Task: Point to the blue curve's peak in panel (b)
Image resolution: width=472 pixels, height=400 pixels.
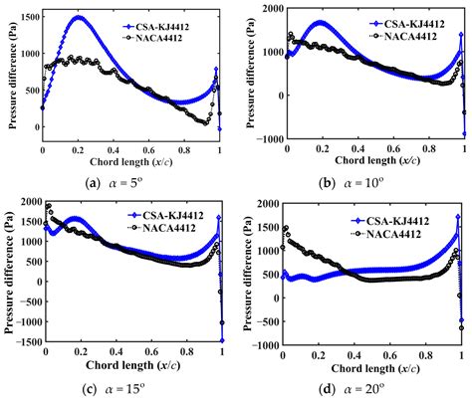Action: click(x=320, y=22)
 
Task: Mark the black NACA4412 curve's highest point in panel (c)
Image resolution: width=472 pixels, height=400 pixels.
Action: click(x=48, y=206)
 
